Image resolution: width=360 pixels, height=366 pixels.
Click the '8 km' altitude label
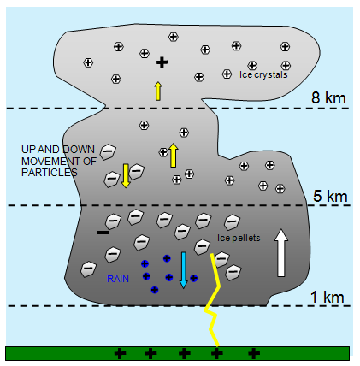pyautogui.click(x=328, y=98)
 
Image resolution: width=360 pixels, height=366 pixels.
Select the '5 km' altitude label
pyautogui.click(x=330, y=196)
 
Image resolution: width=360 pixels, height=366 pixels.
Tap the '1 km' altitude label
pyautogui.click(x=327, y=297)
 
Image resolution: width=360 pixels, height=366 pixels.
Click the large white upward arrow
pyautogui.click(x=281, y=253)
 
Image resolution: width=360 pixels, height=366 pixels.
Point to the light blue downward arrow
pyautogui.click(x=183, y=270)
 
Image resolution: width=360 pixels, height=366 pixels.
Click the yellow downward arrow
pyautogui.click(x=126, y=175)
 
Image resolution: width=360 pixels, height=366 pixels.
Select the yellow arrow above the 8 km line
pyautogui.click(x=158, y=91)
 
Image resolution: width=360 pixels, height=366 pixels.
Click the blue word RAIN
pyautogui.click(x=118, y=279)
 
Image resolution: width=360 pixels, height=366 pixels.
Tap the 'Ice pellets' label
pyautogui.click(x=239, y=238)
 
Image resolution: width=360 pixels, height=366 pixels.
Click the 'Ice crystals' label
pyautogui.click(x=263, y=74)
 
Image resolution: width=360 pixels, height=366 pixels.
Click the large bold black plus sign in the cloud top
pyautogui.click(x=162, y=62)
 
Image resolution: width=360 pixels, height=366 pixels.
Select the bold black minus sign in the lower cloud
pyautogui.click(x=103, y=233)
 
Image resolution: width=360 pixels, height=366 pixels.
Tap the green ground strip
pyautogui.click(x=177, y=353)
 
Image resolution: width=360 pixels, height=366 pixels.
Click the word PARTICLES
pyautogui.click(x=50, y=173)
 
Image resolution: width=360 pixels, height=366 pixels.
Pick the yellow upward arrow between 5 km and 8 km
pyautogui.click(x=173, y=155)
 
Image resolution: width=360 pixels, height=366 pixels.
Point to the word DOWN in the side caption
pyautogui.click(x=79, y=150)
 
